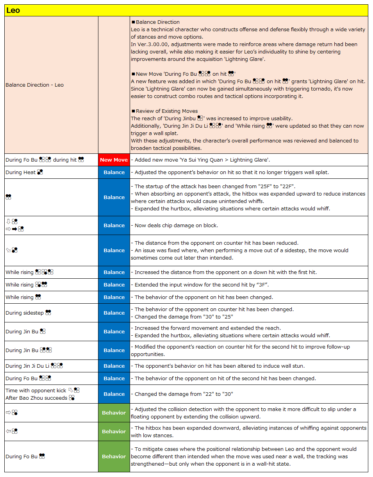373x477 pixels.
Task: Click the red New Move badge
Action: [x=114, y=160]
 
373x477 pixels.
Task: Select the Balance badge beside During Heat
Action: [x=114, y=172]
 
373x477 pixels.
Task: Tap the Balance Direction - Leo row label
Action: [x=34, y=85]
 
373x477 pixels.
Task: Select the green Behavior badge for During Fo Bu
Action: [x=114, y=456]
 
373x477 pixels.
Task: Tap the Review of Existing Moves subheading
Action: [x=167, y=111]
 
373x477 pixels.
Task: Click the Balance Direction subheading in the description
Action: [x=158, y=22]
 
